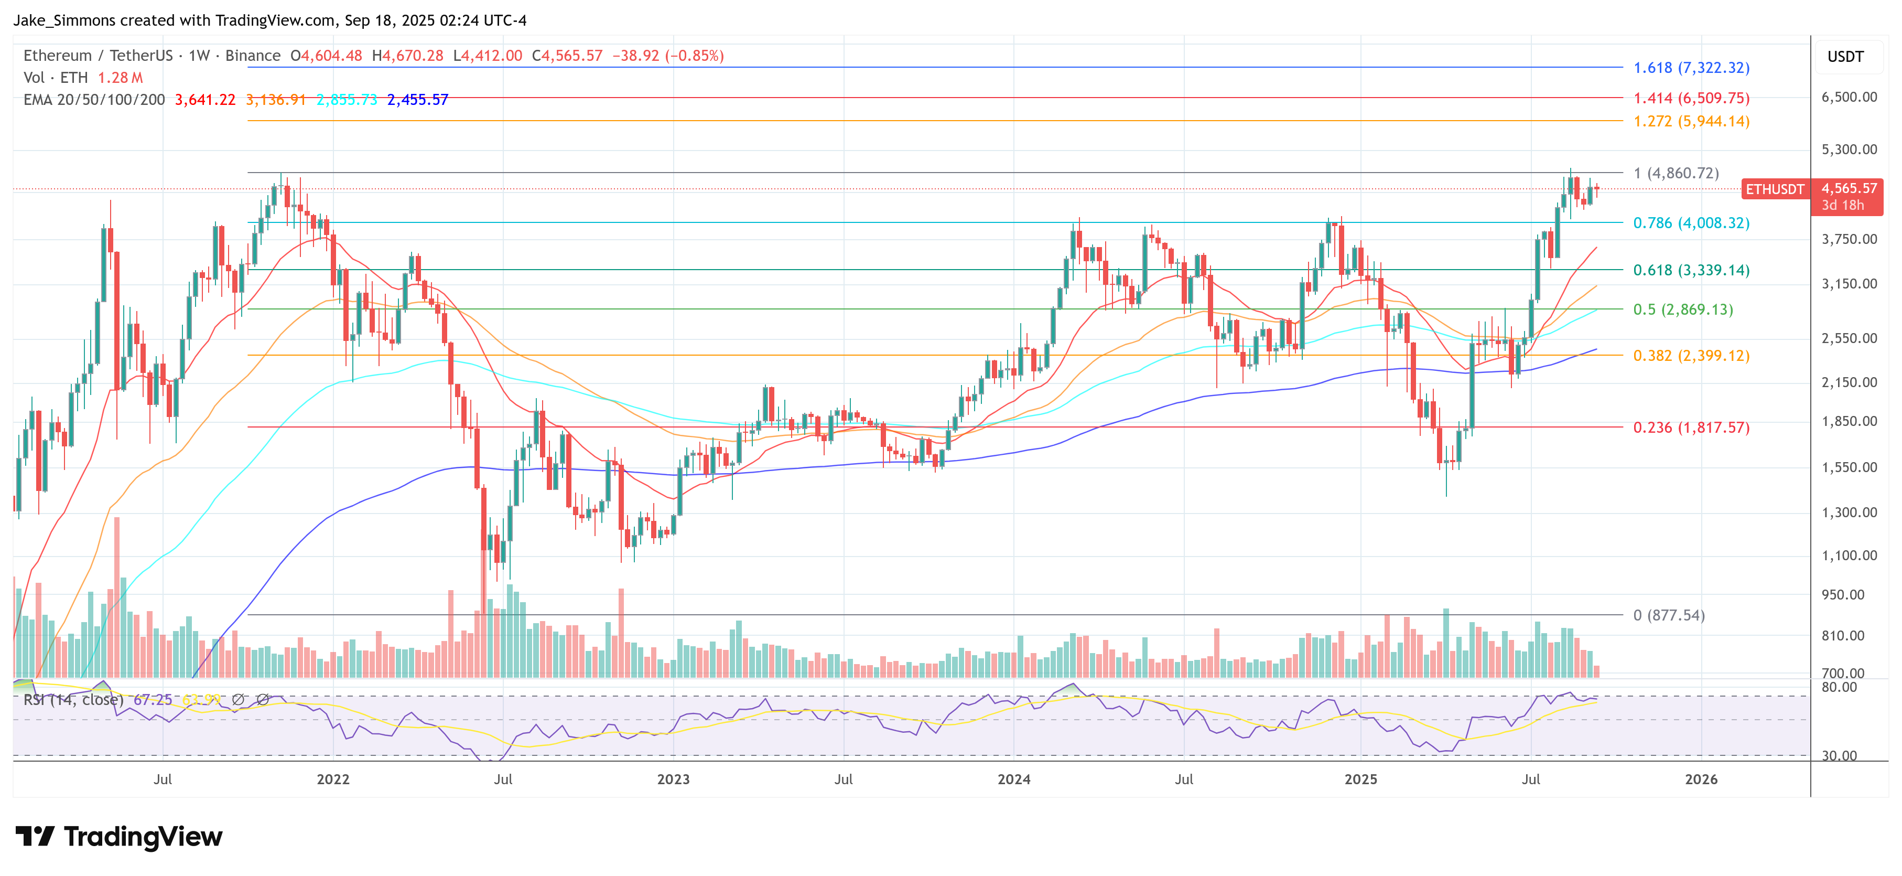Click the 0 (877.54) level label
1669,615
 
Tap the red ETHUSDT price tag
1774,189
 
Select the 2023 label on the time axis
673,779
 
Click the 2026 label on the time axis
1701,779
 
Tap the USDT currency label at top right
1845,57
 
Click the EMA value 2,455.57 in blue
417,100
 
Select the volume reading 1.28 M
121,78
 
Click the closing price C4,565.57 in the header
567,56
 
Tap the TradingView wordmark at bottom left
119,837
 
